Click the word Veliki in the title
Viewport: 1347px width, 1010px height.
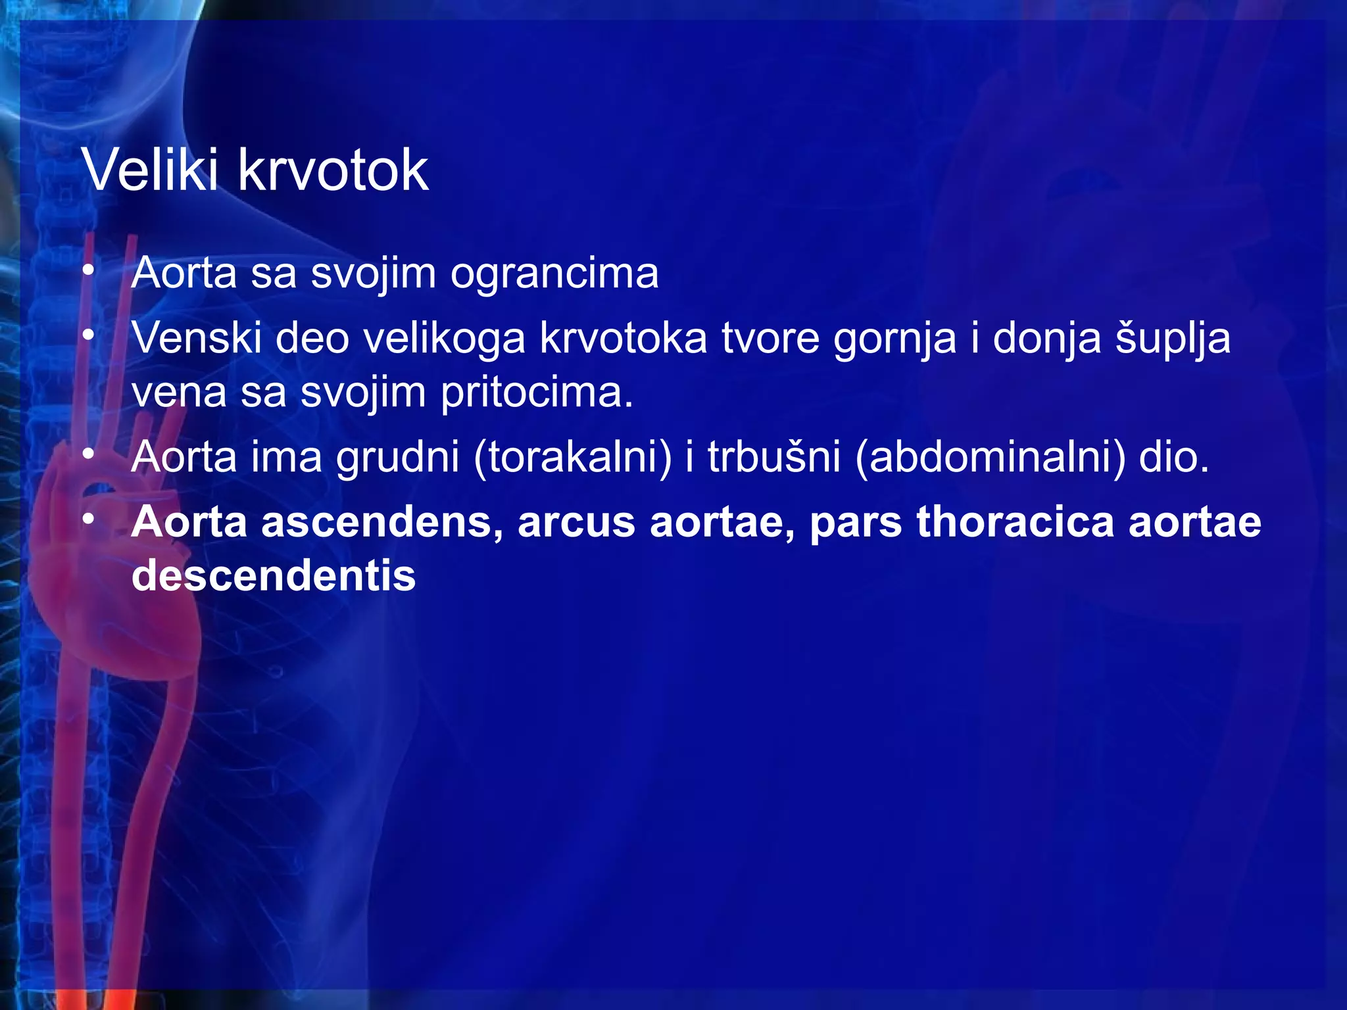[150, 170]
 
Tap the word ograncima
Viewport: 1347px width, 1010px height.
[554, 274]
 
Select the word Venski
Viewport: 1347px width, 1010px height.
[197, 338]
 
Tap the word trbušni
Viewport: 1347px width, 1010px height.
[774, 457]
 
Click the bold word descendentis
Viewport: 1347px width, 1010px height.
[274, 575]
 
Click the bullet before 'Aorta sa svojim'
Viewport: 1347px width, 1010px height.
[89, 271]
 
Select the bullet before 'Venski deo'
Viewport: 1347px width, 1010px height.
[89, 336]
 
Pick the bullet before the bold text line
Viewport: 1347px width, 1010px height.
[89, 519]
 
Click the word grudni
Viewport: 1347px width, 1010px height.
[397, 457]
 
